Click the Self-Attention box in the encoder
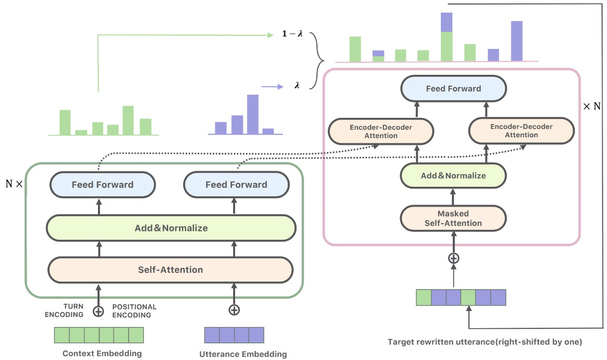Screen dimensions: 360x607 point(171,270)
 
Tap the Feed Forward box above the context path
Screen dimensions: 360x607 point(103,185)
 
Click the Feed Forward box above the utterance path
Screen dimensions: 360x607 point(236,185)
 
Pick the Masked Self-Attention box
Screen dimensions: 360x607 point(453,218)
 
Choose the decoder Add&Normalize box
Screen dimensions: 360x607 point(453,175)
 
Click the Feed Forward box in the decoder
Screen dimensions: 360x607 point(453,88)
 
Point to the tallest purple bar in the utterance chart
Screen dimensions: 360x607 point(253,114)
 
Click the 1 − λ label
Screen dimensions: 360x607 point(292,34)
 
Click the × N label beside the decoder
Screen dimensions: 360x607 point(592,107)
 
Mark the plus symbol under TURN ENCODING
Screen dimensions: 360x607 point(98,311)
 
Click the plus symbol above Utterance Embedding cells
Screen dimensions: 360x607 point(234,310)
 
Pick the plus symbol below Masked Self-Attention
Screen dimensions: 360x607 point(453,258)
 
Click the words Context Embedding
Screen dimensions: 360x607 point(102,353)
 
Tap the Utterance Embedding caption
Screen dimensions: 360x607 point(243,354)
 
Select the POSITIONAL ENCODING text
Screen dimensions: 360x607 point(134,311)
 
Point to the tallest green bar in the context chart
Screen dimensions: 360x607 point(128,120)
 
